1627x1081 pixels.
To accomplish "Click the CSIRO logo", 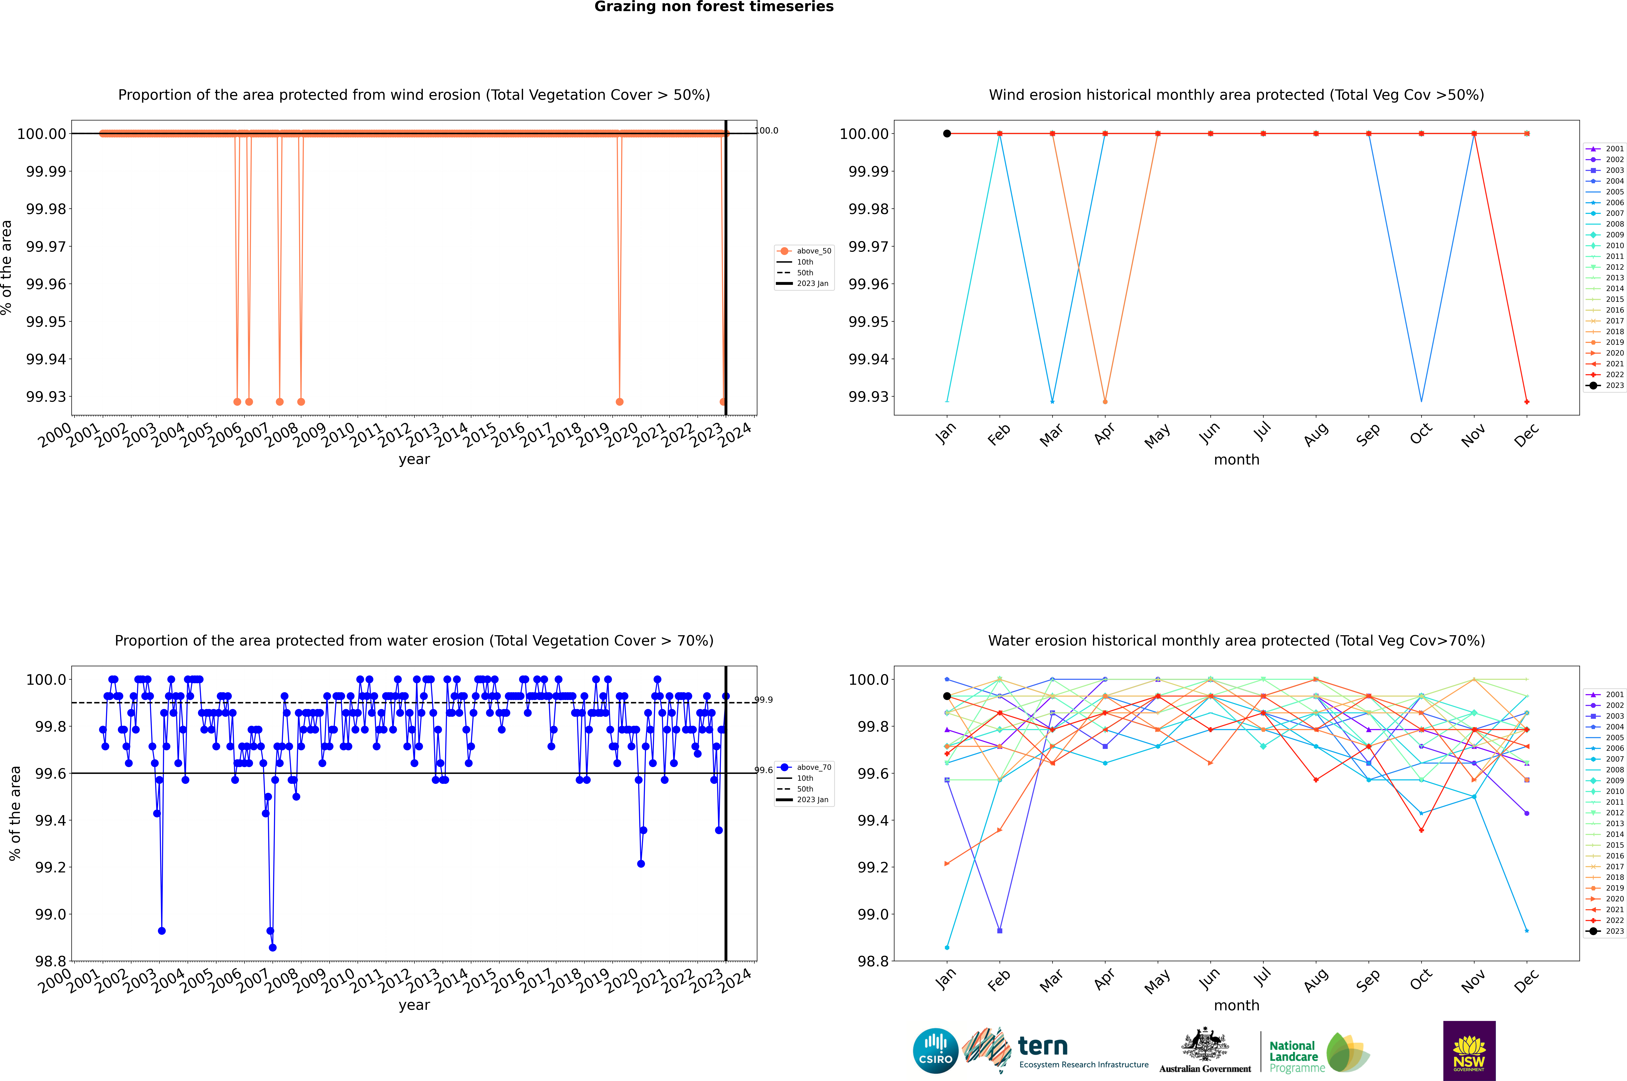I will [935, 1051].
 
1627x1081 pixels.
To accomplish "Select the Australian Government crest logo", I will [1205, 1051].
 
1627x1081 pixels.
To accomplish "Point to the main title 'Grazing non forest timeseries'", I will [714, 7].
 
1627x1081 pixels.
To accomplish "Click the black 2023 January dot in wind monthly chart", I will [947, 134].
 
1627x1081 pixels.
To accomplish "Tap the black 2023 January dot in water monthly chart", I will [947, 696].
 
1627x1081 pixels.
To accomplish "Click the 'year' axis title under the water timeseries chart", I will [414, 1005].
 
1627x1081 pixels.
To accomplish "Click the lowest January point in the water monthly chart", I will [947, 947].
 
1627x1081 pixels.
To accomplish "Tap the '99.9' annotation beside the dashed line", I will [764, 700].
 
